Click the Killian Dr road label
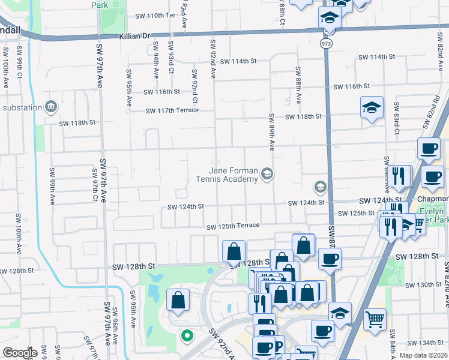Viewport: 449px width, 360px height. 134,36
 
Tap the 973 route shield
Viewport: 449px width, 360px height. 326,44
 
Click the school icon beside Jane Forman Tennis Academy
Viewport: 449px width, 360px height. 267,175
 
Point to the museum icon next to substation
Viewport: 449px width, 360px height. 51,107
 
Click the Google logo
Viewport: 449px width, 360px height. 19,352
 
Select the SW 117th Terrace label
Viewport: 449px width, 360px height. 172,110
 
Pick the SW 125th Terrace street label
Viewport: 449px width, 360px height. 233,226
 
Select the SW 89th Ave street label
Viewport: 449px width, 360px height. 271,132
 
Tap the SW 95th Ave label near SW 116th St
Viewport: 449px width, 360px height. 128,88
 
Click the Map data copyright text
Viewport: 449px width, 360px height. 423,355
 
